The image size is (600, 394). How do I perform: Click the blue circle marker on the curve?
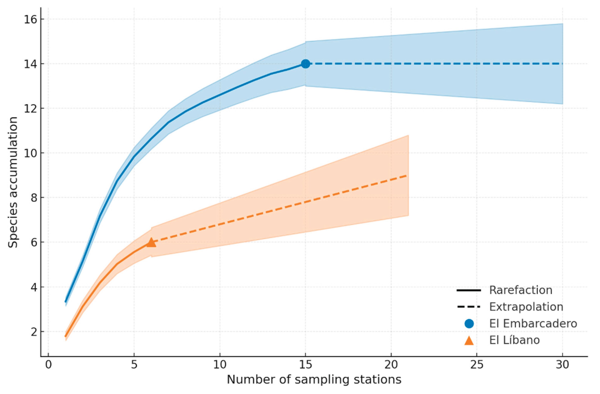pos(305,64)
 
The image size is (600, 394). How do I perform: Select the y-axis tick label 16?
pos(30,19)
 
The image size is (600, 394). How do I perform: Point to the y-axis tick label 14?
pos(30,64)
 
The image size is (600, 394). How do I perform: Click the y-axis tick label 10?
pos(30,153)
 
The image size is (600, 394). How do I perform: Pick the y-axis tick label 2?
pos(33,332)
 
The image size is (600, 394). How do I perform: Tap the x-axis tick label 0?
pos(48,365)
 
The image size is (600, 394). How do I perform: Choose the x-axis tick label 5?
pos(134,365)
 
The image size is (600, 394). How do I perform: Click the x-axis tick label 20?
pos(391,365)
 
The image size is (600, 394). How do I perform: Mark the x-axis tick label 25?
pos(477,365)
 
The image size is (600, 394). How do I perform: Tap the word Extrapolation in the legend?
pos(526,307)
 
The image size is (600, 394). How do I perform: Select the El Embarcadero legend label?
pos(533,324)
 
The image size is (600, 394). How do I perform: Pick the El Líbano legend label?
pos(515,340)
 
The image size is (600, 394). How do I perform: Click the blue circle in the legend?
pos(469,324)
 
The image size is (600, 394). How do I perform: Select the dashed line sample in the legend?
pos(469,307)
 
